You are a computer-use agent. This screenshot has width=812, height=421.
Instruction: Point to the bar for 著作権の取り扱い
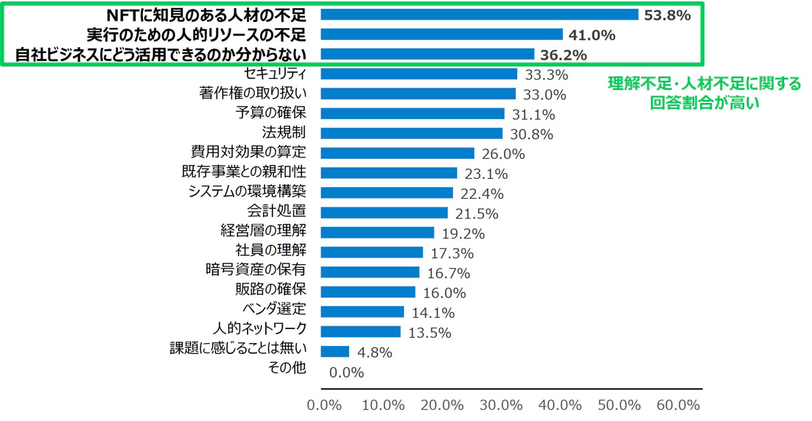(419, 93)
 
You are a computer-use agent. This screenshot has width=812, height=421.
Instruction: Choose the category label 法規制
(284, 133)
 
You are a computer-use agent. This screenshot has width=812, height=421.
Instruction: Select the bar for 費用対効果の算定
(399, 153)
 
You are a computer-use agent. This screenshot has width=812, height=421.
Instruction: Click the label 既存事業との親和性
(243, 173)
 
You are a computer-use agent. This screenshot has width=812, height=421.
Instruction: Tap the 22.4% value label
(482, 194)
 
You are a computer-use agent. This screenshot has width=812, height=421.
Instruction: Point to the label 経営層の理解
(263, 233)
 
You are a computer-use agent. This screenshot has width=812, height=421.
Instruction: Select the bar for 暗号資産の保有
(371, 272)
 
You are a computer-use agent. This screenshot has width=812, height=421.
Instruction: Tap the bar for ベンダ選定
(363, 311)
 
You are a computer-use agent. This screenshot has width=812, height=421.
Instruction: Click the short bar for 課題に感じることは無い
(336, 351)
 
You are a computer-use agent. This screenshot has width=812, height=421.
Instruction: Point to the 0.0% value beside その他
(346, 372)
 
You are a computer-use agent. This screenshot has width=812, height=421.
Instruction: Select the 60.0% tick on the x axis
(678, 406)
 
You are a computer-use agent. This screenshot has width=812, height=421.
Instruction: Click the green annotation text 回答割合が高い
(704, 104)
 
